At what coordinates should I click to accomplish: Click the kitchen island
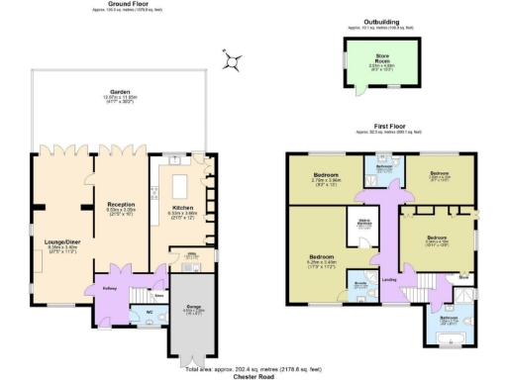coord(180,184)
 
